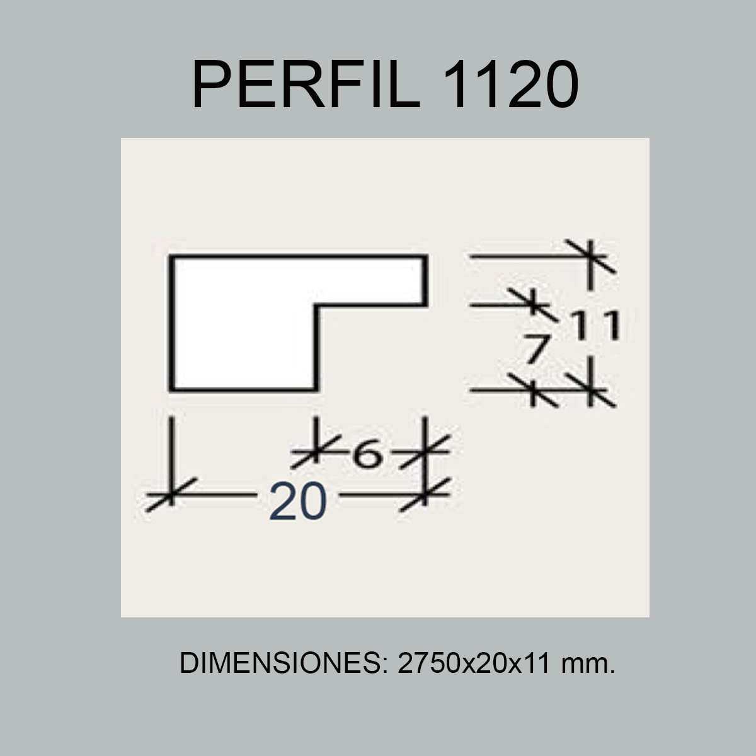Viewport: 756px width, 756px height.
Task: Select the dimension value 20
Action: pos(298,502)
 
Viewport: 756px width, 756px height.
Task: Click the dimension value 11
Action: pos(596,326)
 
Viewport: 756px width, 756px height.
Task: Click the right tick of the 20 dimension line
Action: pos(426,495)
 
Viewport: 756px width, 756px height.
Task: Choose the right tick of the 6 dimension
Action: pos(426,450)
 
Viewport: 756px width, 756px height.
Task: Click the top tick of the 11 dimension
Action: pos(590,256)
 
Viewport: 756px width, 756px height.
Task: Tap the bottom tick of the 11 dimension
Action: pos(590,391)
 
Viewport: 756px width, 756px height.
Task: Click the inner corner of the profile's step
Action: pos(315,306)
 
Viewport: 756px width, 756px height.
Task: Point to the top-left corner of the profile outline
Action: pos(171,257)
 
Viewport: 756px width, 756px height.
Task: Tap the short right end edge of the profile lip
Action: pos(427,281)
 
